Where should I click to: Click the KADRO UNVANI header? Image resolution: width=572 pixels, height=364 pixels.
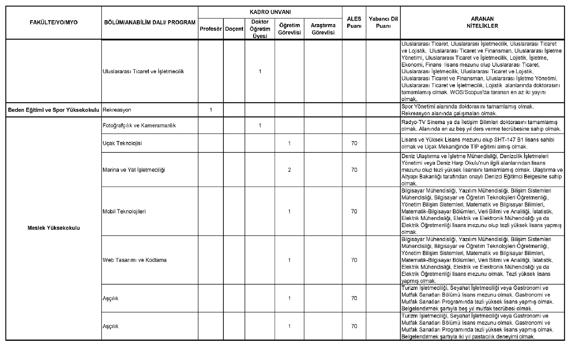coord(270,12)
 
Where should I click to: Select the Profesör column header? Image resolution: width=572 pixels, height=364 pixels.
coord(211,29)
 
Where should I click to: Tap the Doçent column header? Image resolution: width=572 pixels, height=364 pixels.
coord(234,29)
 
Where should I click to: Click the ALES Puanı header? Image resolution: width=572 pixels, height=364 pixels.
coord(354,22)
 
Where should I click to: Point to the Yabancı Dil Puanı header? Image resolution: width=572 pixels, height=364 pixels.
coord(383,22)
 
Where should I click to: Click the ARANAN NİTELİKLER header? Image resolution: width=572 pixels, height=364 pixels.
coord(482,22)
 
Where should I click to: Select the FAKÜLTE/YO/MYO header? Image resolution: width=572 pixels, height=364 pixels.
coord(54,23)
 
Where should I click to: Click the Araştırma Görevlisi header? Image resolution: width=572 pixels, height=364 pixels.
coord(323,29)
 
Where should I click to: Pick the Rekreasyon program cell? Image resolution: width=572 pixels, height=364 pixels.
coord(117,110)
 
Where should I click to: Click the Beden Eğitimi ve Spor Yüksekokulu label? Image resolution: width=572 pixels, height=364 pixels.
coord(54,110)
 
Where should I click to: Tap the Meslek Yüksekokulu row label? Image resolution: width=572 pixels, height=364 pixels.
coord(54,228)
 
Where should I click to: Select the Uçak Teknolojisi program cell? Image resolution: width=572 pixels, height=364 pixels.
coord(122,143)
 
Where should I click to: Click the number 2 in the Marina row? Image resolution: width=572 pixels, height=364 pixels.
coord(289,170)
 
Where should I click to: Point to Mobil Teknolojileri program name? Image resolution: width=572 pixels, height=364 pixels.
coord(124,212)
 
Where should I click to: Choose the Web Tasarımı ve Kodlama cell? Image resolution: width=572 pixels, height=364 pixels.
coord(134,260)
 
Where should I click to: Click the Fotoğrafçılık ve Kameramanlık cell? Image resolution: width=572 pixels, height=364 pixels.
coord(139,126)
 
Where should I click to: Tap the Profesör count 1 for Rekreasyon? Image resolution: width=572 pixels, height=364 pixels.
coord(211,110)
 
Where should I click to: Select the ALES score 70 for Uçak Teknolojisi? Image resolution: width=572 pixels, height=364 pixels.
coord(354,143)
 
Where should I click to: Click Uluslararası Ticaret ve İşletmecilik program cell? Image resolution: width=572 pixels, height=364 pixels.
coord(143,71)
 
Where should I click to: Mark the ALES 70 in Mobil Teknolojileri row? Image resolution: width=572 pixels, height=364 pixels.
coord(354,212)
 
